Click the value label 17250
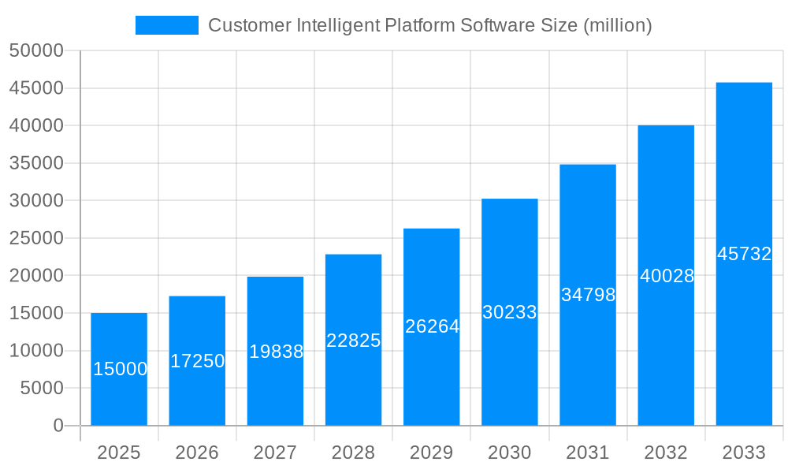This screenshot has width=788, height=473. pyautogui.click(x=198, y=361)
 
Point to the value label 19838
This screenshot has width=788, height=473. pyautogui.click(x=276, y=352)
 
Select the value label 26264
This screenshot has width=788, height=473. pyautogui.click(x=432, y=326)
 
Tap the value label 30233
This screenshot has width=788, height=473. pyautogui.click(x=510, y=312)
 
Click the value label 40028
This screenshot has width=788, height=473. pyautogui.click(x=667, y=276)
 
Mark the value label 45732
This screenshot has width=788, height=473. pyautogui.click(x=744, y=254)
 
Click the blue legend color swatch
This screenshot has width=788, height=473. pyautogui.click(x=167, y=25)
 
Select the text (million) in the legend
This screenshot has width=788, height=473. pyautogui.click(x=617, y=25)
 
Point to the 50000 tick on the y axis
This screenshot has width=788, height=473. pyautogui.click(x=36, y=51)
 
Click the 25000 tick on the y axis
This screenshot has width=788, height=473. pyautogui.click(x=36, y=238)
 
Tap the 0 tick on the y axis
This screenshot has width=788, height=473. pyautogui.click(x=58, y=426)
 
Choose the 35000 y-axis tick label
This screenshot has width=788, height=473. pyautogui.click(x=36, y=163)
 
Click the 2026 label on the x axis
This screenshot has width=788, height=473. pyautogui.click(x=197, y=453)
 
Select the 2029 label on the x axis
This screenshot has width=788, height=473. pyautogui.click(x=432, y=453)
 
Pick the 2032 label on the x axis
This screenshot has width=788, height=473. pyautogui.click(x=666, y=453)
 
